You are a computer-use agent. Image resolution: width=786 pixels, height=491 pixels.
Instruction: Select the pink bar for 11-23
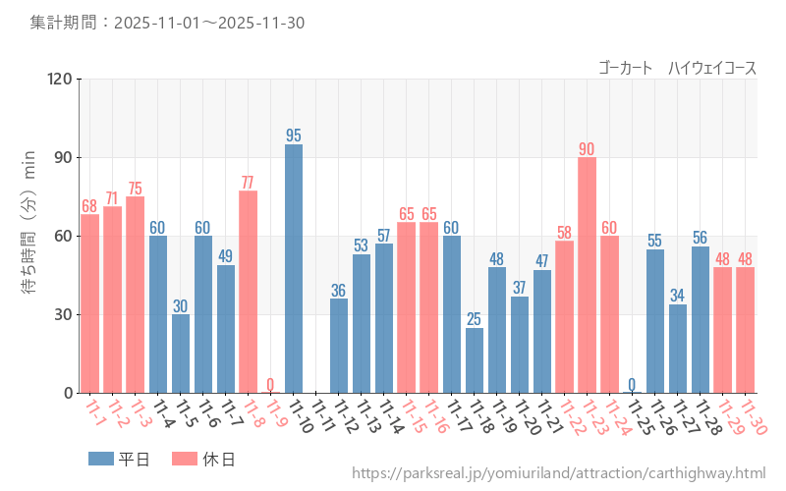click(x=587, y=275)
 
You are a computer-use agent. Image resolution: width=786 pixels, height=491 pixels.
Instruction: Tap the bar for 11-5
click(x=181, y=354)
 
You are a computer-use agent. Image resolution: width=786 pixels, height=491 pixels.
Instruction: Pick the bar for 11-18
click(x=475, y=360)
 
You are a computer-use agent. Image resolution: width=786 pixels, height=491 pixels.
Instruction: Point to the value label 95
click(x=294, y=136)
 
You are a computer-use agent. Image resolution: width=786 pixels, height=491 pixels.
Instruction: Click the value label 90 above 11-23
click(x=587, y=149)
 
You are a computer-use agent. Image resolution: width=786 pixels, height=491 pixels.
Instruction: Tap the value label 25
click(x=475, y=319)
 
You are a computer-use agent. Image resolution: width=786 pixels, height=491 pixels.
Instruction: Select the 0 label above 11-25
click(x=632, y=384)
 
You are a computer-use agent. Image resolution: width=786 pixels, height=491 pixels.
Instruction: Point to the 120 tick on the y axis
click(x=59, y=79)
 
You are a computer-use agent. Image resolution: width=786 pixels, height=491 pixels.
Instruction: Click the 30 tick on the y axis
click(x=63, y=314)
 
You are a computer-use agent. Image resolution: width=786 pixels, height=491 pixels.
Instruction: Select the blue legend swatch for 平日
click(x=101, y=459)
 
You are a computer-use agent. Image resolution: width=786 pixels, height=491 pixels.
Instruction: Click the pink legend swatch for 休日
click(x=184, y=459)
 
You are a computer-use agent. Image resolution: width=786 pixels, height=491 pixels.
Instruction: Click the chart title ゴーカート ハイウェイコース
click(x=678, y=68)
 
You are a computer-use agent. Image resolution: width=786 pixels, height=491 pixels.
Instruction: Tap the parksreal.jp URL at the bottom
click(x=559, y=473)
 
